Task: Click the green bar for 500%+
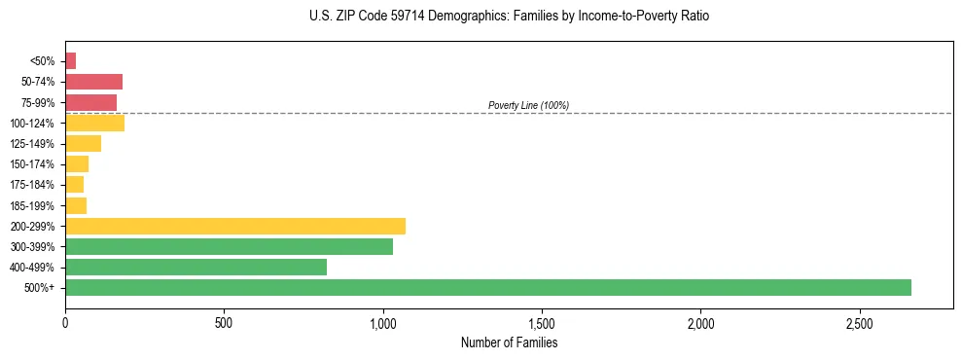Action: coord(487,287)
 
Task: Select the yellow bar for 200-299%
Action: coord(234,226)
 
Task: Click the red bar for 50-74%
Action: coord(93,82)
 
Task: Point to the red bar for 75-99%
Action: coord(90,102)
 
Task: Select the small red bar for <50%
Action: coord(70,61)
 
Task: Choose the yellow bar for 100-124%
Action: coord(94,123)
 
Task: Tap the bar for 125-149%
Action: coord(83,143)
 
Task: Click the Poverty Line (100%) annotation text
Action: coord(528,105)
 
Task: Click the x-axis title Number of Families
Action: coord(509,342)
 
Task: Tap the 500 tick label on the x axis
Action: coord(224,322)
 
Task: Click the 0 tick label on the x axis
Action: coord(65,322)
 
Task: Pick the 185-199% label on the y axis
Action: coord(32,205)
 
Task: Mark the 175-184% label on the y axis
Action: coord(32,185)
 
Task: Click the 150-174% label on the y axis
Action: coord(32,164)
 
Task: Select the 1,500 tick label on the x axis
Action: coord(542,322)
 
